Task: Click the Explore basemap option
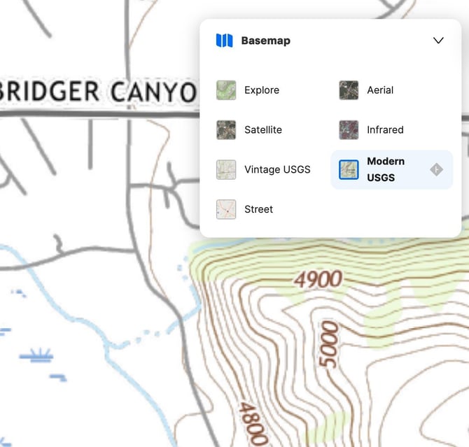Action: coord(261,90)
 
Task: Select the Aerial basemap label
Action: coord(380,90)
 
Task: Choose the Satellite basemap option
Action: coord(263,130)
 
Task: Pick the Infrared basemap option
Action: coord(385,130)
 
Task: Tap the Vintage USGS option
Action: coord(277,169)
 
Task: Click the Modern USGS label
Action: coord(386,169)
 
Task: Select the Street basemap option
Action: coord(258,209)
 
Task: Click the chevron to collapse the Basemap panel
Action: coord(438,41)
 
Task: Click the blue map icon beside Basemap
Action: coord(224,41)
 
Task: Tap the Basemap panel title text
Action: coord(265,41)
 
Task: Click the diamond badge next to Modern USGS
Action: coord(436,169)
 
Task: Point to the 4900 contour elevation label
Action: coord(318,280)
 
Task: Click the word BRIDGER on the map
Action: coord(49,92)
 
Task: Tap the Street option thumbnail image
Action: coord(226,209)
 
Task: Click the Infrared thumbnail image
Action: coord(349,130)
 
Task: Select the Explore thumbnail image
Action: coord(226,90)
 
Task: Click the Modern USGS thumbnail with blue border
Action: coord(349,169)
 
